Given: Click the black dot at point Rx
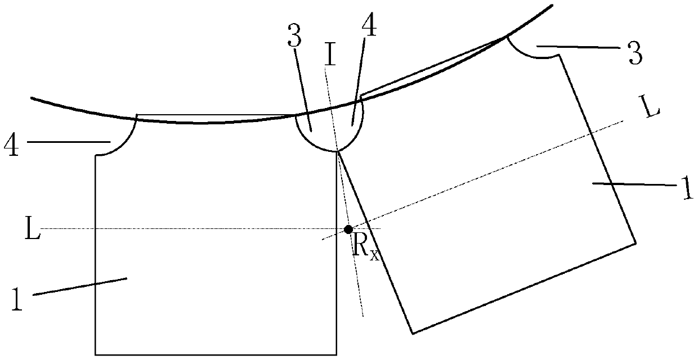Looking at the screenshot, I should click(348, 229).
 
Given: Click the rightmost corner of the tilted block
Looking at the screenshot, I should click(637, 242).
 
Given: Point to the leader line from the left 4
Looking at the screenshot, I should click(68, 142).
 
